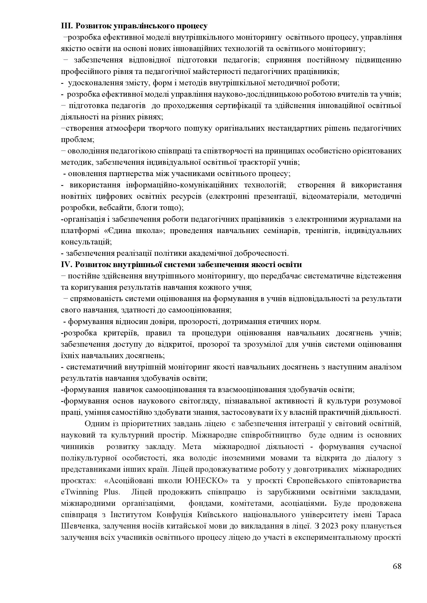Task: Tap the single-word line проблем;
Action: tap(77, 140)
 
